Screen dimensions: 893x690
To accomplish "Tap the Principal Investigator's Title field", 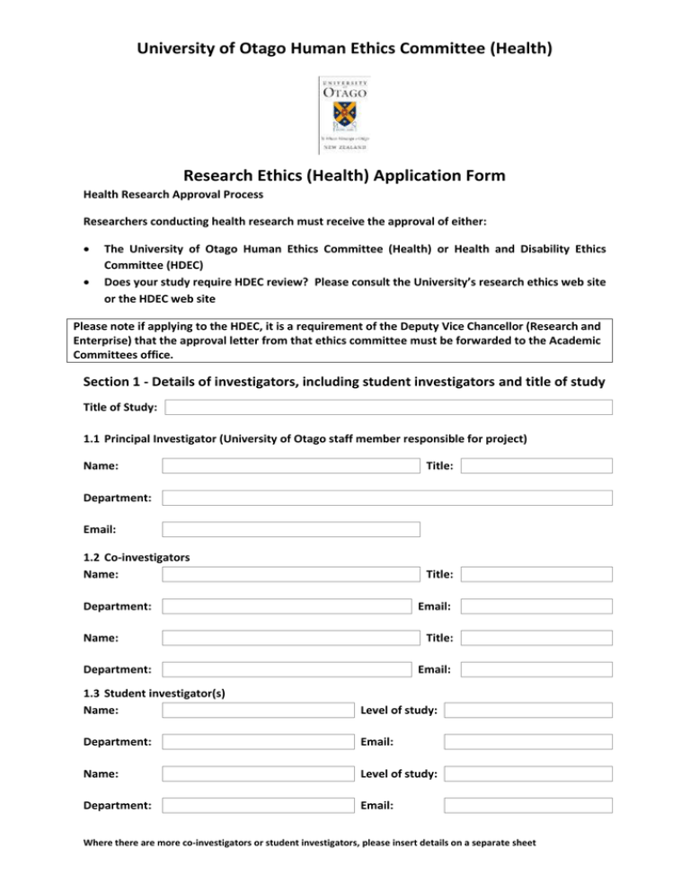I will click(x=536, y=466).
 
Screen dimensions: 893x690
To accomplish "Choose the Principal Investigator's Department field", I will click(x=387, y=498).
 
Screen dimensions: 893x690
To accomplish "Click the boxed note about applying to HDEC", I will click(x=345, y=341).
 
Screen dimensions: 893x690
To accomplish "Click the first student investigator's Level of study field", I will click(x=528, y=711).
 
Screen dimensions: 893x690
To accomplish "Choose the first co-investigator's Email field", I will click(x=536, y=606).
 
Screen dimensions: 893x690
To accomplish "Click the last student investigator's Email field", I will click(x=528, y=805).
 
